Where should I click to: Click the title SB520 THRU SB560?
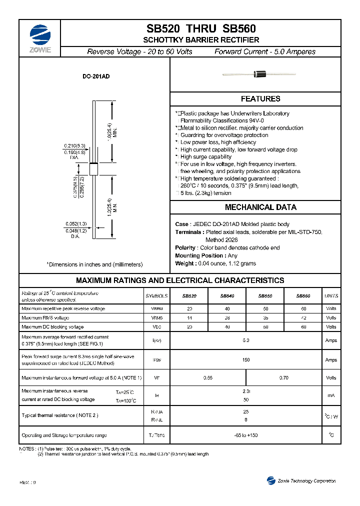click(201, 29)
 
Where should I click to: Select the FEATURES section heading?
click(260, 99)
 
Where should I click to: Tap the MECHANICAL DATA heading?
click(260, 207)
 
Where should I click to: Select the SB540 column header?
click(227, 296)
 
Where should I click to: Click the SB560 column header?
click(303, 296)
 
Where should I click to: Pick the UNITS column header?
click(331, 296)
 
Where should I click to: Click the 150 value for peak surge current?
click(245, 359)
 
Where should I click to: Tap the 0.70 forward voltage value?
click(283, 378)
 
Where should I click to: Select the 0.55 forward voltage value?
click(208, 378)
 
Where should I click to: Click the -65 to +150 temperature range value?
click(245, 435)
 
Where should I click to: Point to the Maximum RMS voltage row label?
click(45, 317)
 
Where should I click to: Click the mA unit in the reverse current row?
click(331, 395)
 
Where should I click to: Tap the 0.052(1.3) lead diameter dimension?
click(75, 224)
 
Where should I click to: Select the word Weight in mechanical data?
click(185, 263)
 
